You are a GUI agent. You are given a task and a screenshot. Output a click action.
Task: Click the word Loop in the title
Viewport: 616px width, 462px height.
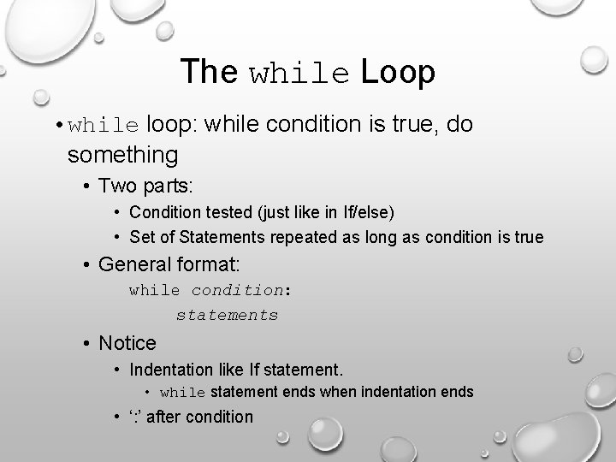tap(398, 72)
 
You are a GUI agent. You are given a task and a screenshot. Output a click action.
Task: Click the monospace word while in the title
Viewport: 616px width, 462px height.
tap(300, 74)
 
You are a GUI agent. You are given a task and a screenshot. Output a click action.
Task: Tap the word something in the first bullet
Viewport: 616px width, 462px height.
tap(122, 155)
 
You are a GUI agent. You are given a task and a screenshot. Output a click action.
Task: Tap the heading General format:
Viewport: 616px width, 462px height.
tap(169, 264)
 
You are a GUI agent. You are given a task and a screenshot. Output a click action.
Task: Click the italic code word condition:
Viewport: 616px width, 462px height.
tap(241, 290)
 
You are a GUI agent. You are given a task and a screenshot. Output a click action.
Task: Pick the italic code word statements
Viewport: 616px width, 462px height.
tap(227, 315)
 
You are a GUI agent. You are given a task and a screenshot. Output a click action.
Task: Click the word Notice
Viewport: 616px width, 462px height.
tap(127, 343)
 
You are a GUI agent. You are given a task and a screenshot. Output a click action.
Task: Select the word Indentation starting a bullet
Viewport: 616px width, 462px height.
tap(176, 370)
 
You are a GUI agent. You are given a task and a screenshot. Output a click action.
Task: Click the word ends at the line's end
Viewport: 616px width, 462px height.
tap(454, 392)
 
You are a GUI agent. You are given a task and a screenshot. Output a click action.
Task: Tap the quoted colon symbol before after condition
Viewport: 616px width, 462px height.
tap(137, 417)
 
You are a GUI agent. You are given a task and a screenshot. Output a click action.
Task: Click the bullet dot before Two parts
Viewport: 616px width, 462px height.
tap(88, 186)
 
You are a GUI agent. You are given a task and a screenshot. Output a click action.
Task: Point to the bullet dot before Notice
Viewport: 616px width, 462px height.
tap(88, 343)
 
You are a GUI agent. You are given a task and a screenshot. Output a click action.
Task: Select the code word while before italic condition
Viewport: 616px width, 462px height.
tap(155, 290)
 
